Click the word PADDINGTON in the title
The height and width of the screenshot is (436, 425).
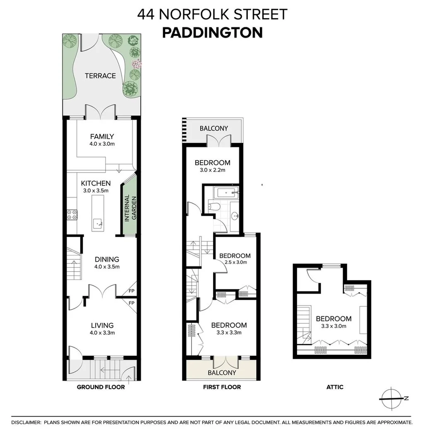pyautogui.click(x=212, y=33)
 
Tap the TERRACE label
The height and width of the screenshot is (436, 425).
pyautogui.click(x=100, y=76)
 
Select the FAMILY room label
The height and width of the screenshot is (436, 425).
pyautogui.click(x=102, y=136)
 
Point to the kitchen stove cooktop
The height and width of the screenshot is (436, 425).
pyautogui.click(x=71, y=214)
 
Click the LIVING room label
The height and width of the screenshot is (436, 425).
pyautogui.click(x=102, y=325)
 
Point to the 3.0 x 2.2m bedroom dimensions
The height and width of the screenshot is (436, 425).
pyautogui.click(x=213, y=170)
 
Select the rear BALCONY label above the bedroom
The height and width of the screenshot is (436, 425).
pyautogui.click(x=214, y=128)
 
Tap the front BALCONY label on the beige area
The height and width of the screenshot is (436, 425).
pyautogui.click(x=222, y=373)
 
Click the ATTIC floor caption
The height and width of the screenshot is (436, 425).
pyautogui.click(x=335, y=388)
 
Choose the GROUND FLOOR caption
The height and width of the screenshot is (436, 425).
pyautogui.click(x=101, y=388)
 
